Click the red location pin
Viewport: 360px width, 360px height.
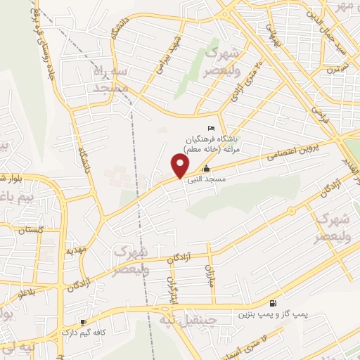point(180,166)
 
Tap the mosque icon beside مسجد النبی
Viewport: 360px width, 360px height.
point(205,169)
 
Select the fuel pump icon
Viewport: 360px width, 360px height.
point(273,303)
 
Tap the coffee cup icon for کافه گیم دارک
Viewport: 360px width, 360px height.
point(83,321)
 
